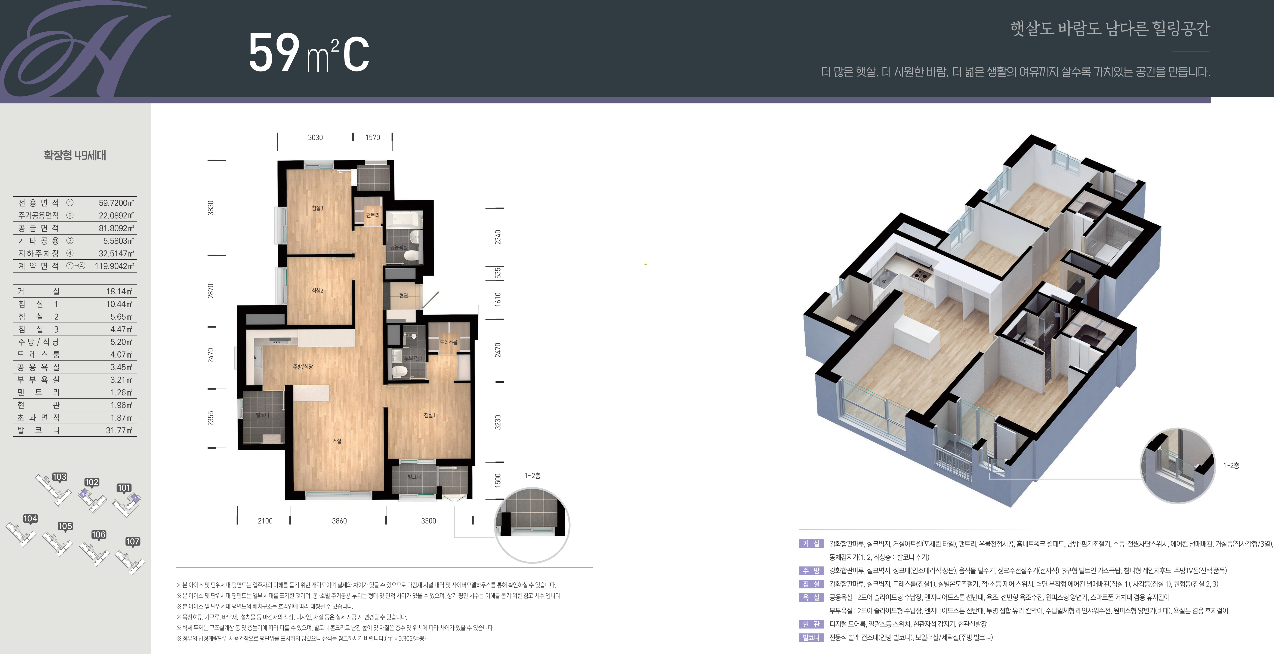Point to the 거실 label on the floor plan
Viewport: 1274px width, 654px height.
(337, 441)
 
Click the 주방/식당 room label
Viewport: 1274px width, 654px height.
(303, 366)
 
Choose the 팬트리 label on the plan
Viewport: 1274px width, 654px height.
(372, 215)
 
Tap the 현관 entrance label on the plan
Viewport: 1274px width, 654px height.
(404, 295)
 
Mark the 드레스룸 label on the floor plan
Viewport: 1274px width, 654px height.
(448, 342)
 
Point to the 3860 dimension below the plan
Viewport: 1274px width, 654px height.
(339, 521)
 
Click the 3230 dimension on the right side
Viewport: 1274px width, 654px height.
(498, 422)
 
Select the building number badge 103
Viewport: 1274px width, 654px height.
(59, 477)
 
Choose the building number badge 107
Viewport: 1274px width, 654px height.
(133, 542)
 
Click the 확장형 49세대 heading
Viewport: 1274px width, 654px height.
(75, 155)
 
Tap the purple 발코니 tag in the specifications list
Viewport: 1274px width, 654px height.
(811, 638)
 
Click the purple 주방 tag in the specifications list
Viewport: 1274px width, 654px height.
(811, 570)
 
